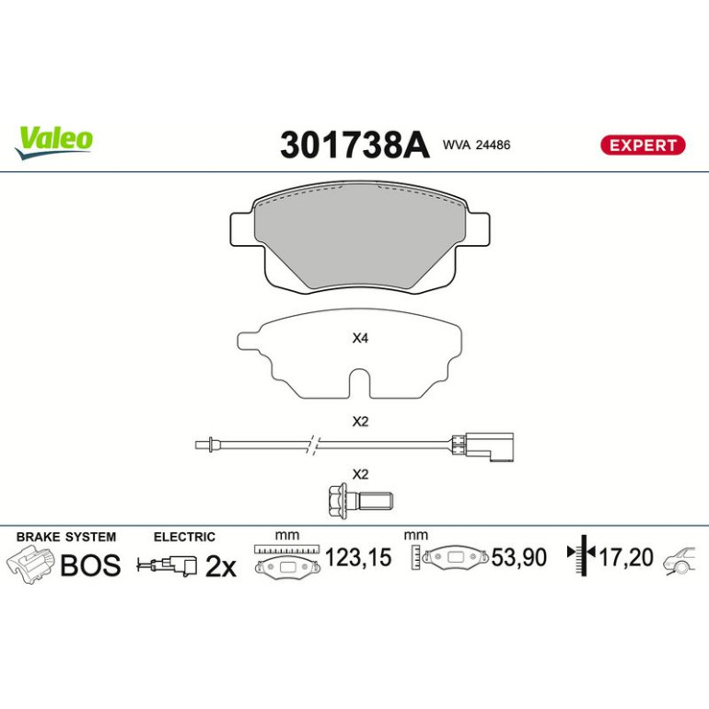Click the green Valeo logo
(53, 142)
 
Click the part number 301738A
(354, 145)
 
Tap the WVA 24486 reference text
(476, 145)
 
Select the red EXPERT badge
(643, 145)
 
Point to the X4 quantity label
(360, 338)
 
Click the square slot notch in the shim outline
(360, 384)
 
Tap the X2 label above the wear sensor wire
(360, 422)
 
